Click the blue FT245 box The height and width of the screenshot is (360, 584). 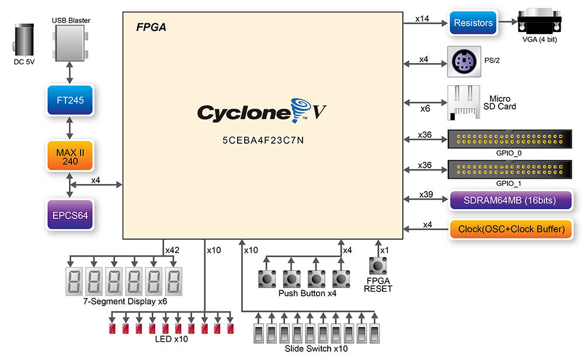(x=70, y=100)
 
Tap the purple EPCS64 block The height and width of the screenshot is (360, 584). (x=70, y=214)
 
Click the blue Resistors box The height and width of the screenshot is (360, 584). (x=473, y=23)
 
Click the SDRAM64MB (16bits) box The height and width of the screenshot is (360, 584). (x=509, y=200)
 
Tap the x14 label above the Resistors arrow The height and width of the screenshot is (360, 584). (x=422, y=19)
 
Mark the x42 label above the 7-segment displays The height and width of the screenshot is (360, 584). (x=172, y=250)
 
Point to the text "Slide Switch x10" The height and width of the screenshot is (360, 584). (x=316, y=349)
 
